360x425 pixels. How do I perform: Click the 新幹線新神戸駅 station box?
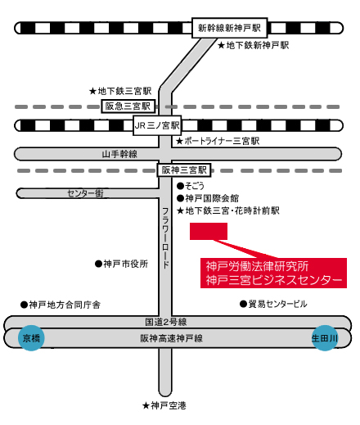229,28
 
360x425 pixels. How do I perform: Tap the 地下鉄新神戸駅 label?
254,45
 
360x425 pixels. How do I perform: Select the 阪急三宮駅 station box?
128,106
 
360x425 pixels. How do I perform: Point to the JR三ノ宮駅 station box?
157,125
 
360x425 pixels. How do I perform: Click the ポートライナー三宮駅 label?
218,141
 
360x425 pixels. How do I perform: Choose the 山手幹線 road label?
119,154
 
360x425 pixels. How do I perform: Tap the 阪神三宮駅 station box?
184,170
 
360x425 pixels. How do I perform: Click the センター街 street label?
85,193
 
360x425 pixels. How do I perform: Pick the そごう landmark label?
191,186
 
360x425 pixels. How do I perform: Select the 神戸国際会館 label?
208,198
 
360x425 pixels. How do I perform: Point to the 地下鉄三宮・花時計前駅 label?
228,210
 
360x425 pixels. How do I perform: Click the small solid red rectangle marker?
209,232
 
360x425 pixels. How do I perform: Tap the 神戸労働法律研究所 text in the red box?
257,266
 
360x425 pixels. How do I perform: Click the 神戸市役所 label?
121,264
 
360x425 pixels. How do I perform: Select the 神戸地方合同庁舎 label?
61,305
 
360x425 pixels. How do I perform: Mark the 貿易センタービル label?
273,304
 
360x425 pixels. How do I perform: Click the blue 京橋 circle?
31,338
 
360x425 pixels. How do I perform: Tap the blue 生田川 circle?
325,338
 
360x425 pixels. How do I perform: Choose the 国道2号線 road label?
165,322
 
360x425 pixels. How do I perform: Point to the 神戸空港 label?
164,405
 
